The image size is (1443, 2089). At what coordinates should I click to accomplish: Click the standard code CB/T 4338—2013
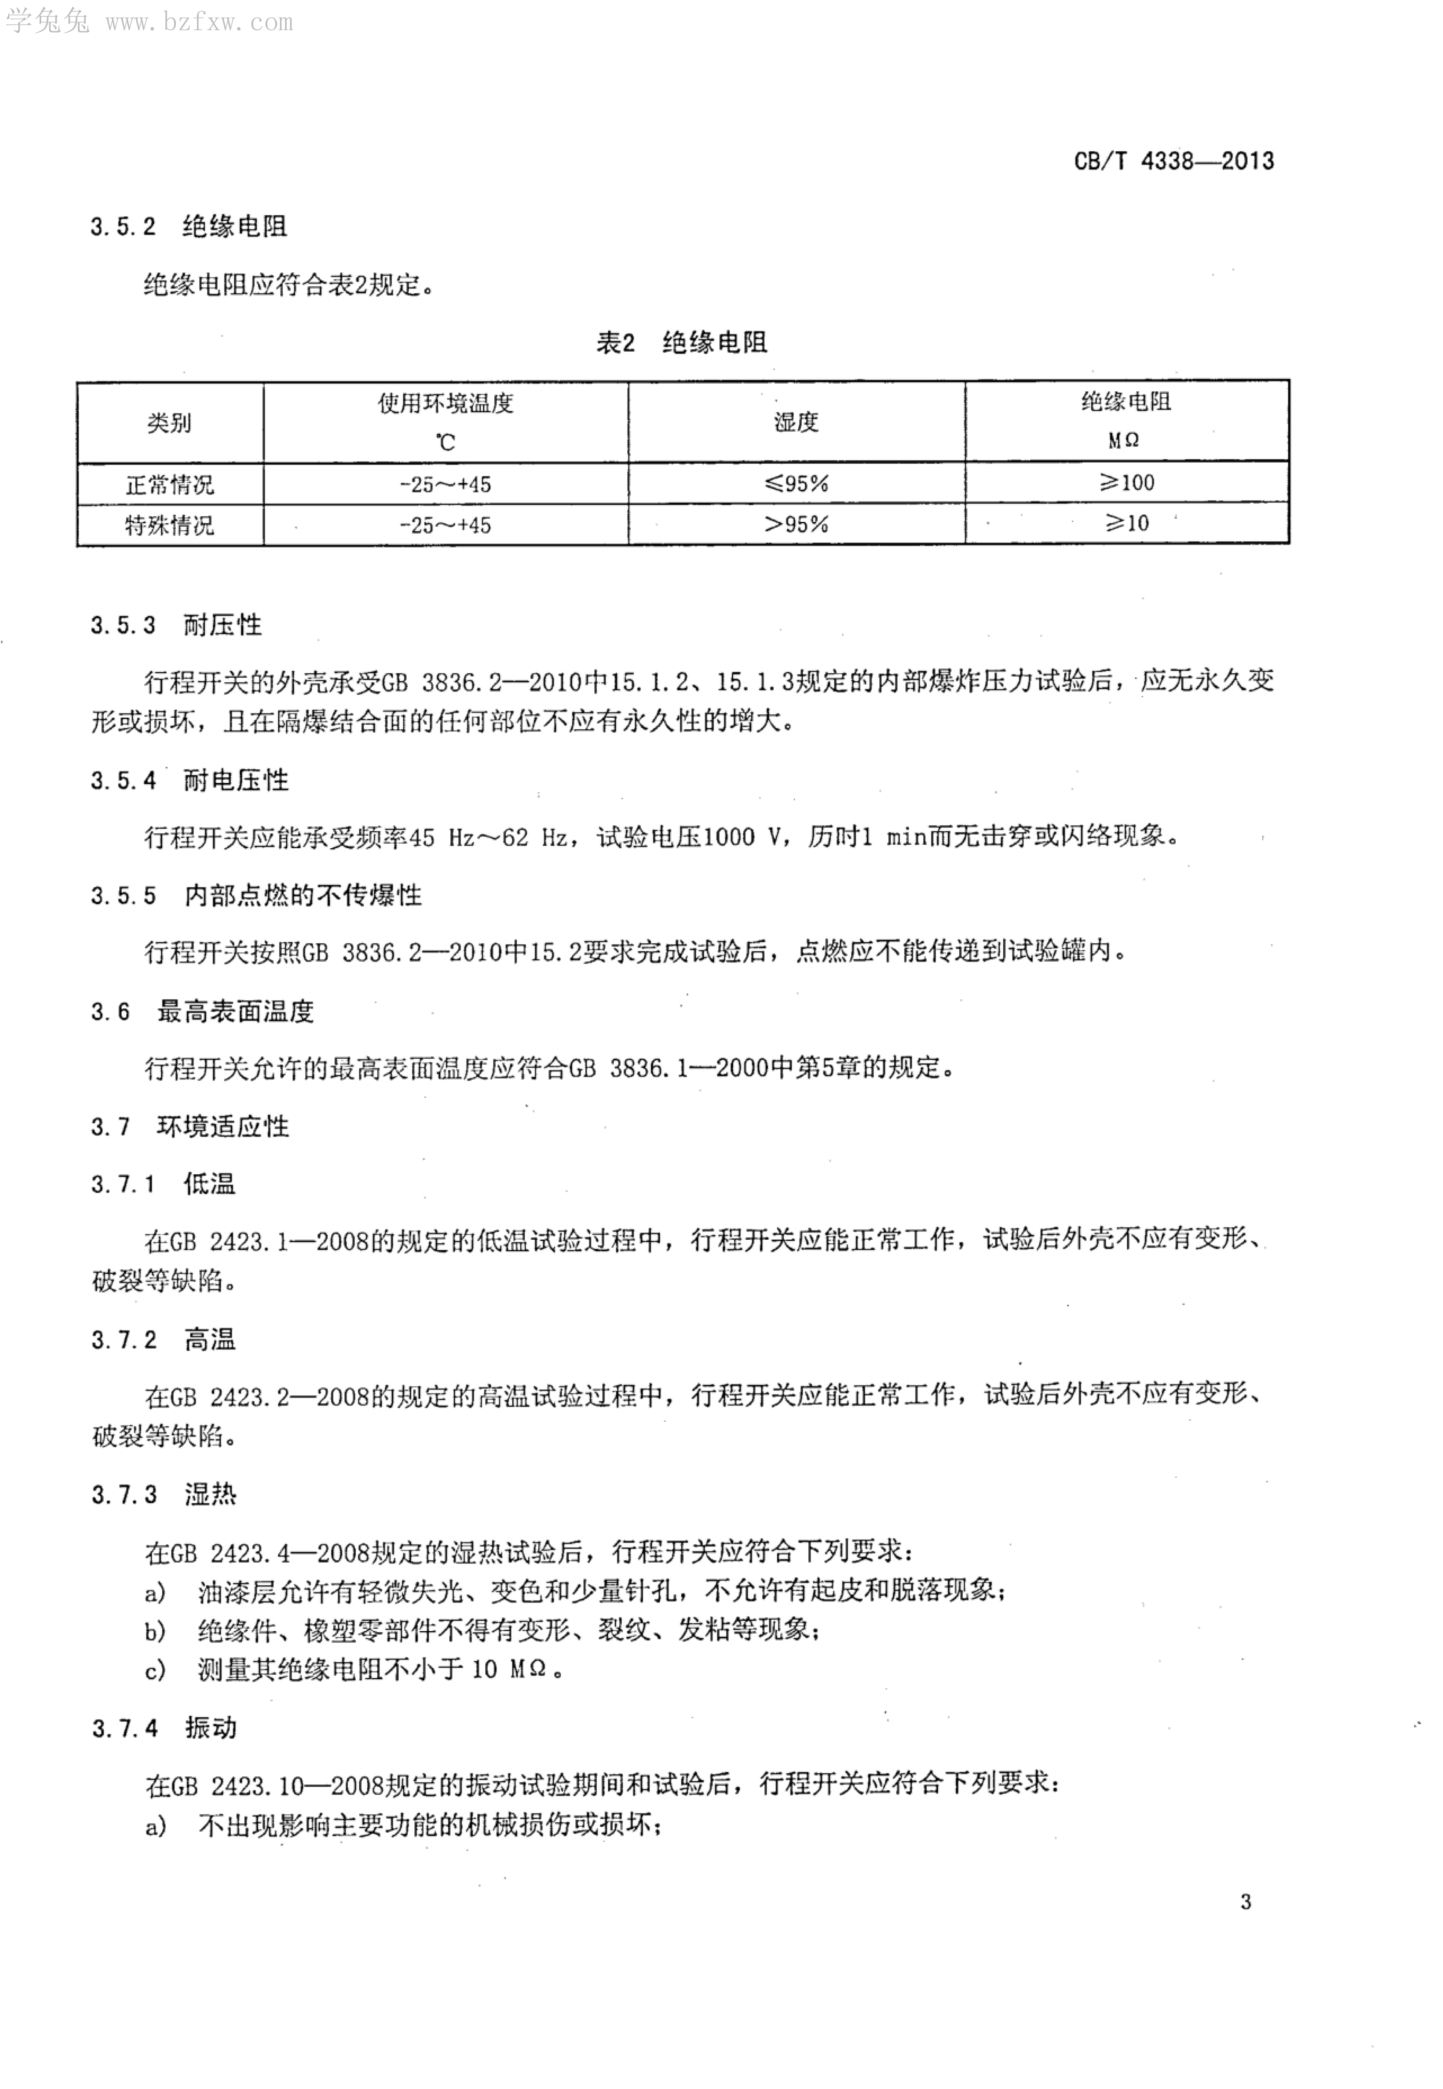[1174, 162]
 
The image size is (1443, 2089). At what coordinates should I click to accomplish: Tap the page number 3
[1246, 1902]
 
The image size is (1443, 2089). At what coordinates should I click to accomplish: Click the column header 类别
[170, 422]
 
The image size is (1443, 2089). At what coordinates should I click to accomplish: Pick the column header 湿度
[796, 422]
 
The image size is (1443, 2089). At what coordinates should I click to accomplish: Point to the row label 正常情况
[170, 485]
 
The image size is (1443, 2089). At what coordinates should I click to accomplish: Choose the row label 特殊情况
[170, 525]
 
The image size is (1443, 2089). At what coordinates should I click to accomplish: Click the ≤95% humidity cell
[796, 484]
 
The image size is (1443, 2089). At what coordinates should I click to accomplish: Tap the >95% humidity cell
[796, 524]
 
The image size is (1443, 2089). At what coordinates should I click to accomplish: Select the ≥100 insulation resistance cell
[1126, 483]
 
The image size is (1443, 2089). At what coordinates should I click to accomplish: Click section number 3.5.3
[123, 626]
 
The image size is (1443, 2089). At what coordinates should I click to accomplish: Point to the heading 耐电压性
[236, 780]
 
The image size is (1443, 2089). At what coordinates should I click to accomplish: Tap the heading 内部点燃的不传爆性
[303, 896]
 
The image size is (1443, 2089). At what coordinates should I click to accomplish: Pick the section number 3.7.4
[124, 1728]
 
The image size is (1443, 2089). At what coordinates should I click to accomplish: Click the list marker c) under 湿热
[156, 1670]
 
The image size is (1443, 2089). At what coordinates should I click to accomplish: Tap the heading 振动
[211, 1728]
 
